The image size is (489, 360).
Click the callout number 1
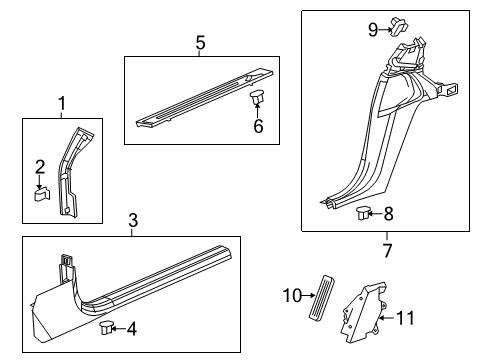click(x=61, y=103)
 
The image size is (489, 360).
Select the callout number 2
click(x=41, y=166)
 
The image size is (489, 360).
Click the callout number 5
click(x=200, y=42)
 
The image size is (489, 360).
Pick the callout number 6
click(x=257, y=126)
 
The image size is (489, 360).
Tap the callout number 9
click(x=373, y=29)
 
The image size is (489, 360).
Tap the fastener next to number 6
click(x=257, y=100)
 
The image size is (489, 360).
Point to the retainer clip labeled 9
click(x=397, y=24)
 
